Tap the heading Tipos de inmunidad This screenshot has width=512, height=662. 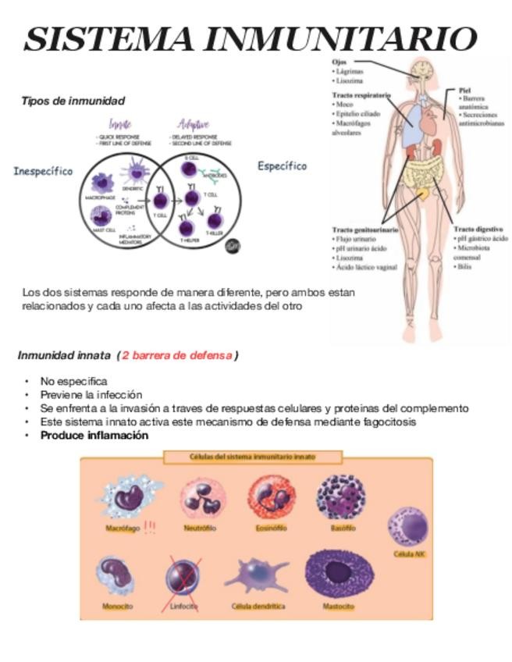tap(73, 101)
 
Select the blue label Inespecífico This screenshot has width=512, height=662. tap(43, 171)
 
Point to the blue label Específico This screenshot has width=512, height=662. tap(282, 165)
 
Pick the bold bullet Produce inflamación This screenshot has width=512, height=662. tap(94, 436)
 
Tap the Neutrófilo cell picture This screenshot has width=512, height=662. tap(202, 498)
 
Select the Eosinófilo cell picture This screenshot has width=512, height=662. tap(271, 497)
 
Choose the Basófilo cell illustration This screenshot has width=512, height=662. tap(341, 497)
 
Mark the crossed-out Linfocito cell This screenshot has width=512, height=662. tap(183, 578)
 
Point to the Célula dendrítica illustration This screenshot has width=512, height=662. tap(258, 576)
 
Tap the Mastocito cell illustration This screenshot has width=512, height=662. tap(339, 575)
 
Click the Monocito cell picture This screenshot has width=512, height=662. tap(117, 576)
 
